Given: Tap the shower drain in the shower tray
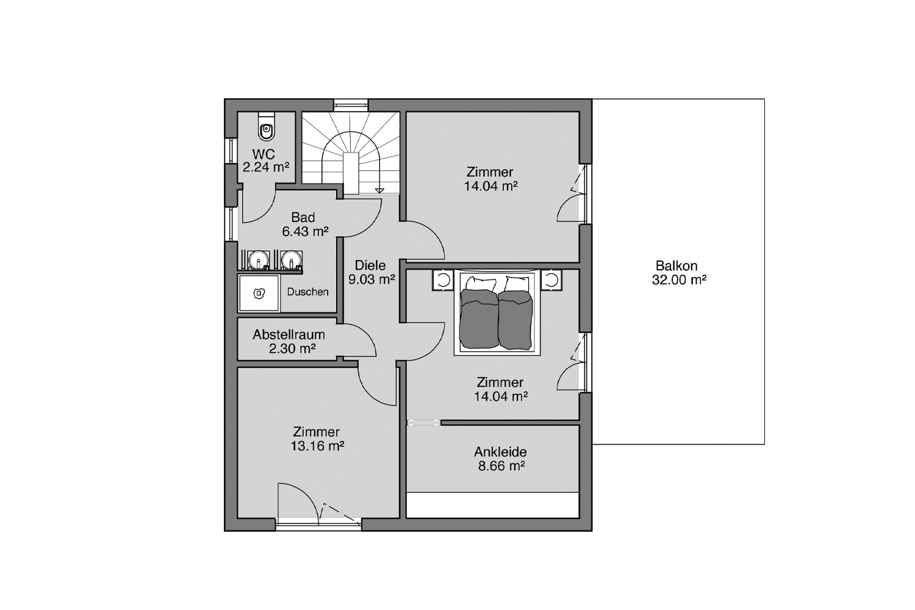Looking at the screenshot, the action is click(x=259, y=293).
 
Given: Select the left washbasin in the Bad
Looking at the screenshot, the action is click(x=259, y=260).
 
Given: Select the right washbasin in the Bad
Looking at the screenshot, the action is click(x=291, y=260).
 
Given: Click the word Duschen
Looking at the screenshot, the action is click(x=307, y=292).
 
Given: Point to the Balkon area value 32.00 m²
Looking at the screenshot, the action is click(x=679, y=280).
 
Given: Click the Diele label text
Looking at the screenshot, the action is click(x=370, y=265).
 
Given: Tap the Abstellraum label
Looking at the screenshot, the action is click(x=289, y=335).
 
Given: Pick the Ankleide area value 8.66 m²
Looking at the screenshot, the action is click(x=501, y=466).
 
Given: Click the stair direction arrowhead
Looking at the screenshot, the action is click(x=379, y=190).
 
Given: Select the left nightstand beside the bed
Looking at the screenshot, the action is click(x=443, y=280).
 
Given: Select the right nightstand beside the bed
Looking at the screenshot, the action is click(x=551, y=280).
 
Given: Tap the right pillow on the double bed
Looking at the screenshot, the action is click(x=517, y=284).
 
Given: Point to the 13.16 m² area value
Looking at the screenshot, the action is click(x=317, y=446).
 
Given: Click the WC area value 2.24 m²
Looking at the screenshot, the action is click(x=266, y=167).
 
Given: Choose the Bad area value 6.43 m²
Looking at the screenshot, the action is click(x=305, y=231).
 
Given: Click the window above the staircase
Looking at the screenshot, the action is click(x=351, y=106).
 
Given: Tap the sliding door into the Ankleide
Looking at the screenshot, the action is click(x=423, y=423).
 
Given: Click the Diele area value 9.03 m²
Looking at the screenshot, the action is click(x=371, y=279).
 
